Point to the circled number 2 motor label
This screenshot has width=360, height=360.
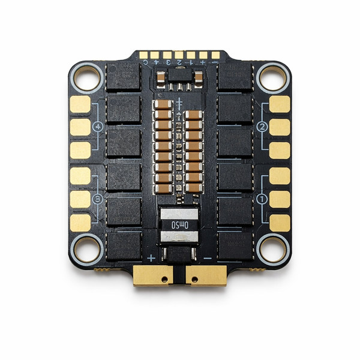coord(262,127)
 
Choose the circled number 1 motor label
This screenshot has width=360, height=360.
coord(262,197)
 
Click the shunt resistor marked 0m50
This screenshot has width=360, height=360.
coord(179,227)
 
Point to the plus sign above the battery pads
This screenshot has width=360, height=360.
coord(151,259)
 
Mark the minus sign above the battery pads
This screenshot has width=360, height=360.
coord(207,259)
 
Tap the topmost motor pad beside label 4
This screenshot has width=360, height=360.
coord(79,105)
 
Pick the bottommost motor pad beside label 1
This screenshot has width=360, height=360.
coord(280,222)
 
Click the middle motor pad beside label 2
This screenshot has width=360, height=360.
coord(280,127)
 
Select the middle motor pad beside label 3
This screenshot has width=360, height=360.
coord(79,198)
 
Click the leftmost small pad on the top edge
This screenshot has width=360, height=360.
coord(144,55)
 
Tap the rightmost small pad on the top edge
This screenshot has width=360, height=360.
coord(215,55)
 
